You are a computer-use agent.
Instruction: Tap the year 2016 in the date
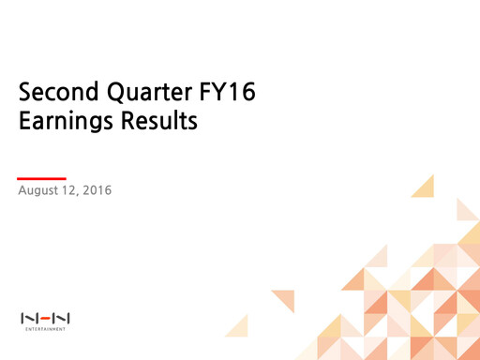pyautogui.click(x=97, y=191)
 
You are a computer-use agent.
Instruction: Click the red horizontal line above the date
pyautogui.click(x=42, y=177)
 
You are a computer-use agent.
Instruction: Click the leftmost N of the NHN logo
pyautogui.click(x=28, y=319)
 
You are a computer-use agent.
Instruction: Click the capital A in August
pyautogui.click(x=22, y=191)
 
